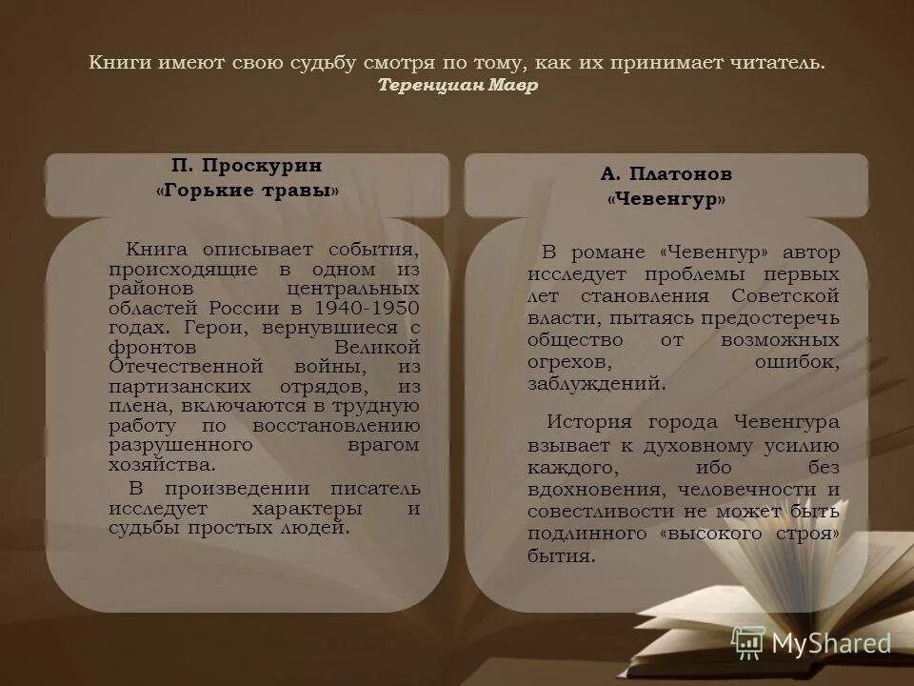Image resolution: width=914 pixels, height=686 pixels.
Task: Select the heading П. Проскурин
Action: point(247,166)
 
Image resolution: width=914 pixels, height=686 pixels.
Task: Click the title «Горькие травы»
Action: point(247,191)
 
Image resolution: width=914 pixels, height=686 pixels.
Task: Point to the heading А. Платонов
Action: point(666,174)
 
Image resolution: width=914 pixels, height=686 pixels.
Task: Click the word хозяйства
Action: point(161,465)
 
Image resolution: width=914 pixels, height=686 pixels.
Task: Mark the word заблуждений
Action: point(596,384)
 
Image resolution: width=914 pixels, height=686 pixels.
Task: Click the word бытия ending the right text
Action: point(561,556)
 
